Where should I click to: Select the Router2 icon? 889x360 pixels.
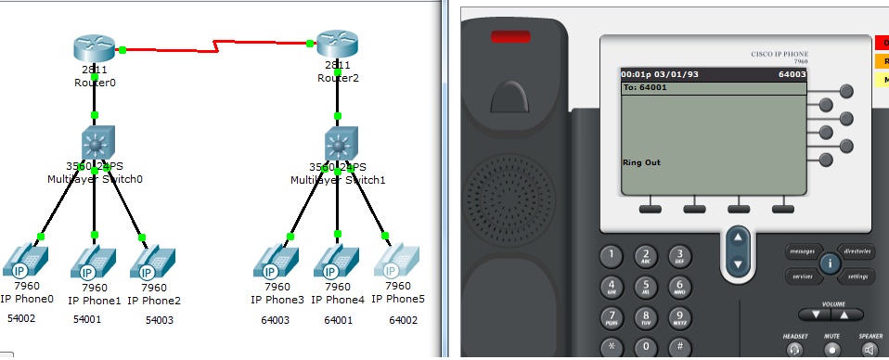(337, 45)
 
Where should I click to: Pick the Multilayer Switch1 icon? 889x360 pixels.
(339, 144)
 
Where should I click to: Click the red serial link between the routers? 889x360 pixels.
(216, 44)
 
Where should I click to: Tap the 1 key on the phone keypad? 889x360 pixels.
(610, 255)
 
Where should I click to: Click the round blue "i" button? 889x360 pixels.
(830, 264)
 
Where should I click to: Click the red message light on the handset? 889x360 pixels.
(505, 38)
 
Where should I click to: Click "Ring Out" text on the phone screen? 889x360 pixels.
(640, 161)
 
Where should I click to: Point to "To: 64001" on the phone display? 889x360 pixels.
(646, 87)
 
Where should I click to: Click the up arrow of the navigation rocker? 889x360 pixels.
(738, 238)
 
